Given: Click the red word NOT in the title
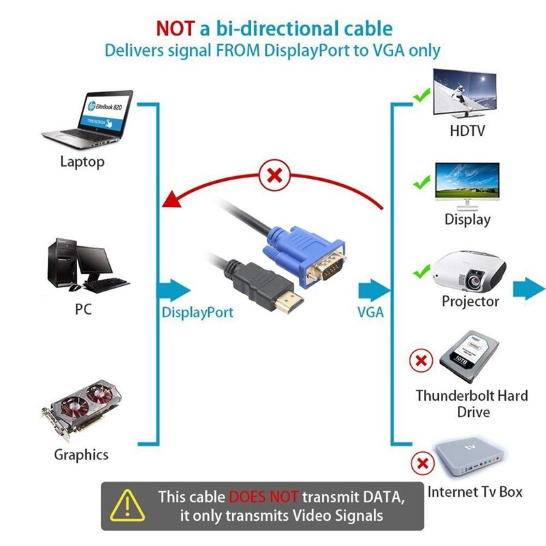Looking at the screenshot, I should tap(175, 29).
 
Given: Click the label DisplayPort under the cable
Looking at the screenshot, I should tap(197, 313).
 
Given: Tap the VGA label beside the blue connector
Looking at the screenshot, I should tap(371, 313).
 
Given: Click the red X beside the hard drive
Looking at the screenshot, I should tap(421, 360).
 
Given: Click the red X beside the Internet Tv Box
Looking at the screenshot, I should tap(423, 465).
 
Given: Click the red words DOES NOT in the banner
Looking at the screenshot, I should tap(263, 496).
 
